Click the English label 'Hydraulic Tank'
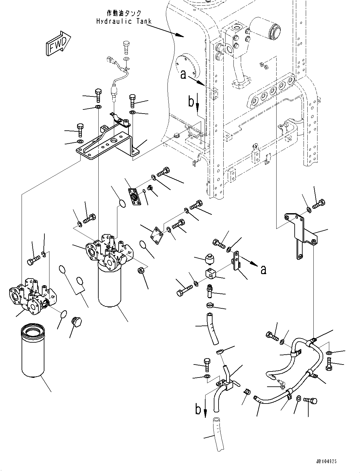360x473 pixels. (x=124, y=21)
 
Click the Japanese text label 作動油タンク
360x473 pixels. (x=124, y=14)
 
